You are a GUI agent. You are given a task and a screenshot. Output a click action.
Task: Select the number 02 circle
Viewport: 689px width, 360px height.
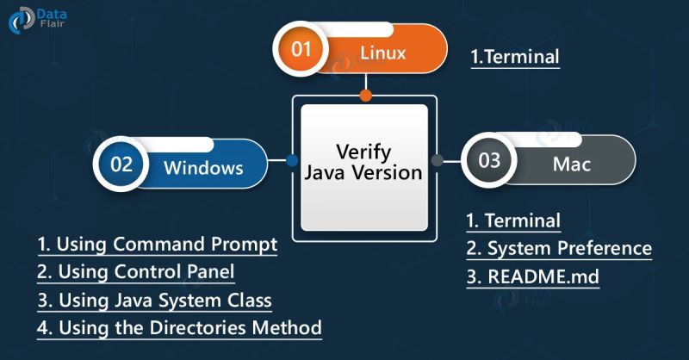(121, 164)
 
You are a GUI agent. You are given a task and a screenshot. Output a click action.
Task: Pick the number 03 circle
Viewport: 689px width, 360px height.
(488, 161)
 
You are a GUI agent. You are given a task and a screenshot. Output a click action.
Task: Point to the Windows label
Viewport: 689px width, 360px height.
(203, 168)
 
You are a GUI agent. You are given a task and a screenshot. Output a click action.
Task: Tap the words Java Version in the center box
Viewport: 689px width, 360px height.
(364, 172)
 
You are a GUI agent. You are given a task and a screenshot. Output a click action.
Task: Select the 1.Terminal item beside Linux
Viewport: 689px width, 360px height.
(515, 57)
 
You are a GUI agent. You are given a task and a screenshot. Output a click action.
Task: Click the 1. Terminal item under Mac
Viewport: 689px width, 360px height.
(513, 220)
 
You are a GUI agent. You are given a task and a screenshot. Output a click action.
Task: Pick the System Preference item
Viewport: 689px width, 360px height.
(559, 250)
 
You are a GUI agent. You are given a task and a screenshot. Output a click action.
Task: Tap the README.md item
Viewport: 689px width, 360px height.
(532, 277)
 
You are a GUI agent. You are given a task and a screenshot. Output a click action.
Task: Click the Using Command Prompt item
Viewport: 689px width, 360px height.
(158, 245)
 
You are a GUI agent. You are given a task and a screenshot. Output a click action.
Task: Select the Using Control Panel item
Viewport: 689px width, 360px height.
(136, 272)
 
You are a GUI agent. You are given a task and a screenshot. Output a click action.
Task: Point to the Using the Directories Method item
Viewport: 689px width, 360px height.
(180, 328)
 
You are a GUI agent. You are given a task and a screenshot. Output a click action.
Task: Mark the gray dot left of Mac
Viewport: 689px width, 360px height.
(437, 160)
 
